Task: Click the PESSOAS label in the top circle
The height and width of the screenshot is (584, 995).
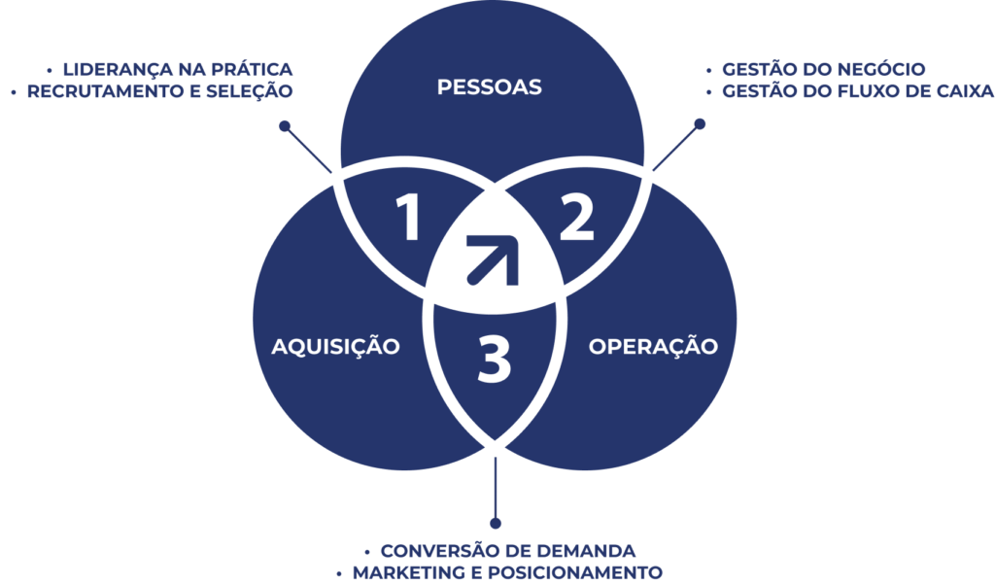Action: [x=490, y=86]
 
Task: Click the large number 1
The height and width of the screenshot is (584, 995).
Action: [x=409, y=217]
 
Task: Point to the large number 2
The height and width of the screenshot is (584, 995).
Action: [x=577, y=217]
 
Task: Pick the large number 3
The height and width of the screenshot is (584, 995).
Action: [x=494, y=360]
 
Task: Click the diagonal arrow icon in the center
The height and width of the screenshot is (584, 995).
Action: [x=493, y=260]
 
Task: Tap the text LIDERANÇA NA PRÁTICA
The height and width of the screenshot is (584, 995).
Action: [x=178, y=69]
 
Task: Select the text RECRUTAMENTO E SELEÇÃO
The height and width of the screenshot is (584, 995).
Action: [x=160, y=90]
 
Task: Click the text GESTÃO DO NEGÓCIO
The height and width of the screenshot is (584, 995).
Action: [x=824, y=69]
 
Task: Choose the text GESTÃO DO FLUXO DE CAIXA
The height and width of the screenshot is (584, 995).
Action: [x=858, y=90]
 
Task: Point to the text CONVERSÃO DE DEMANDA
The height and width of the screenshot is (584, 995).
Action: [x=507, y=550]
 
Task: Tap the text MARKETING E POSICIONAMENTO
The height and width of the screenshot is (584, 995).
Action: [x=507, y=572]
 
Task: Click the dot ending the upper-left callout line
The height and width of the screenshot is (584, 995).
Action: [x=285, y=125]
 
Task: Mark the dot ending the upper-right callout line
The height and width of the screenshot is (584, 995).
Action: [x=700, y=123]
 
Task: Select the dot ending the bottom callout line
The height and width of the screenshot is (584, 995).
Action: [x=496, y=523]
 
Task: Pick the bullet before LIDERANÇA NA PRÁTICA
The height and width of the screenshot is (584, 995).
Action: [x=50, y=70]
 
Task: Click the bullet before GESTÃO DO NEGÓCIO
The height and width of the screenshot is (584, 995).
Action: [x=708, y=70]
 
